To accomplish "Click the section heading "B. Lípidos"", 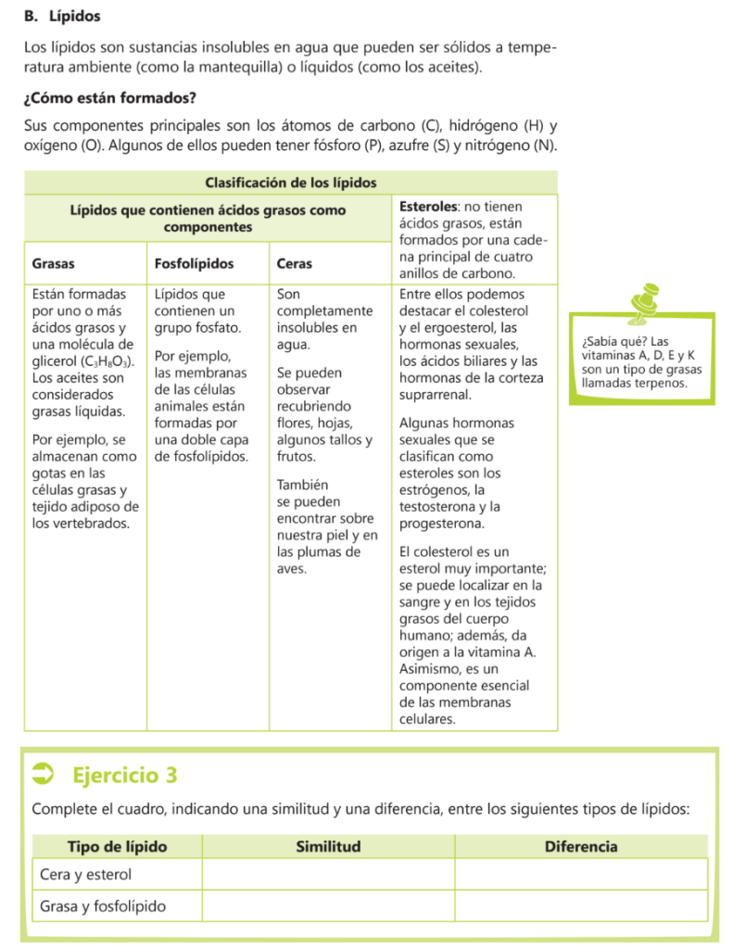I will click(x=62, y=17).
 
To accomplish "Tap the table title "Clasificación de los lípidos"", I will click(x=290, y=183).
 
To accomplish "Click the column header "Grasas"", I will click(x=54, y=264).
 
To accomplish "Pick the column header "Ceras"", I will click(x=295, y=264).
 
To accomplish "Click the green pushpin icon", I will click(x=641, y=305).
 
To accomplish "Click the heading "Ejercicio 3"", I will click(x=124, y=774).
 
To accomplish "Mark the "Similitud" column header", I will click(x=327, y=846).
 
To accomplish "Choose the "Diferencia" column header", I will click(x=580, y=846).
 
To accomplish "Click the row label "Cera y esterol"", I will click(x=85, y=875).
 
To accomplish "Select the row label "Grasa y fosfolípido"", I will click(x=103, y=905).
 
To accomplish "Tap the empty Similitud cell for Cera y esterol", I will click(x=327, y=875).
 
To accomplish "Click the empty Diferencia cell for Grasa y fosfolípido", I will click(x=580, y=905).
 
